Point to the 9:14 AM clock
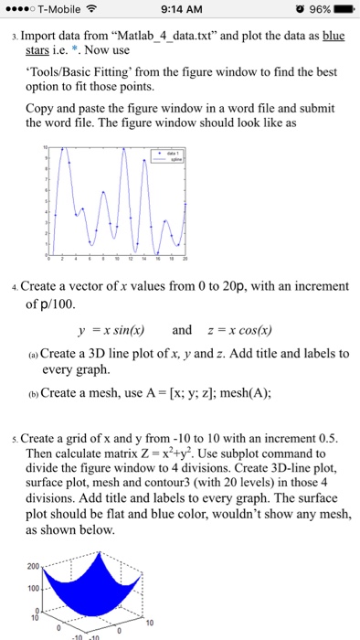point(179,9)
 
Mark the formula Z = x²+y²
point(182,454)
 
